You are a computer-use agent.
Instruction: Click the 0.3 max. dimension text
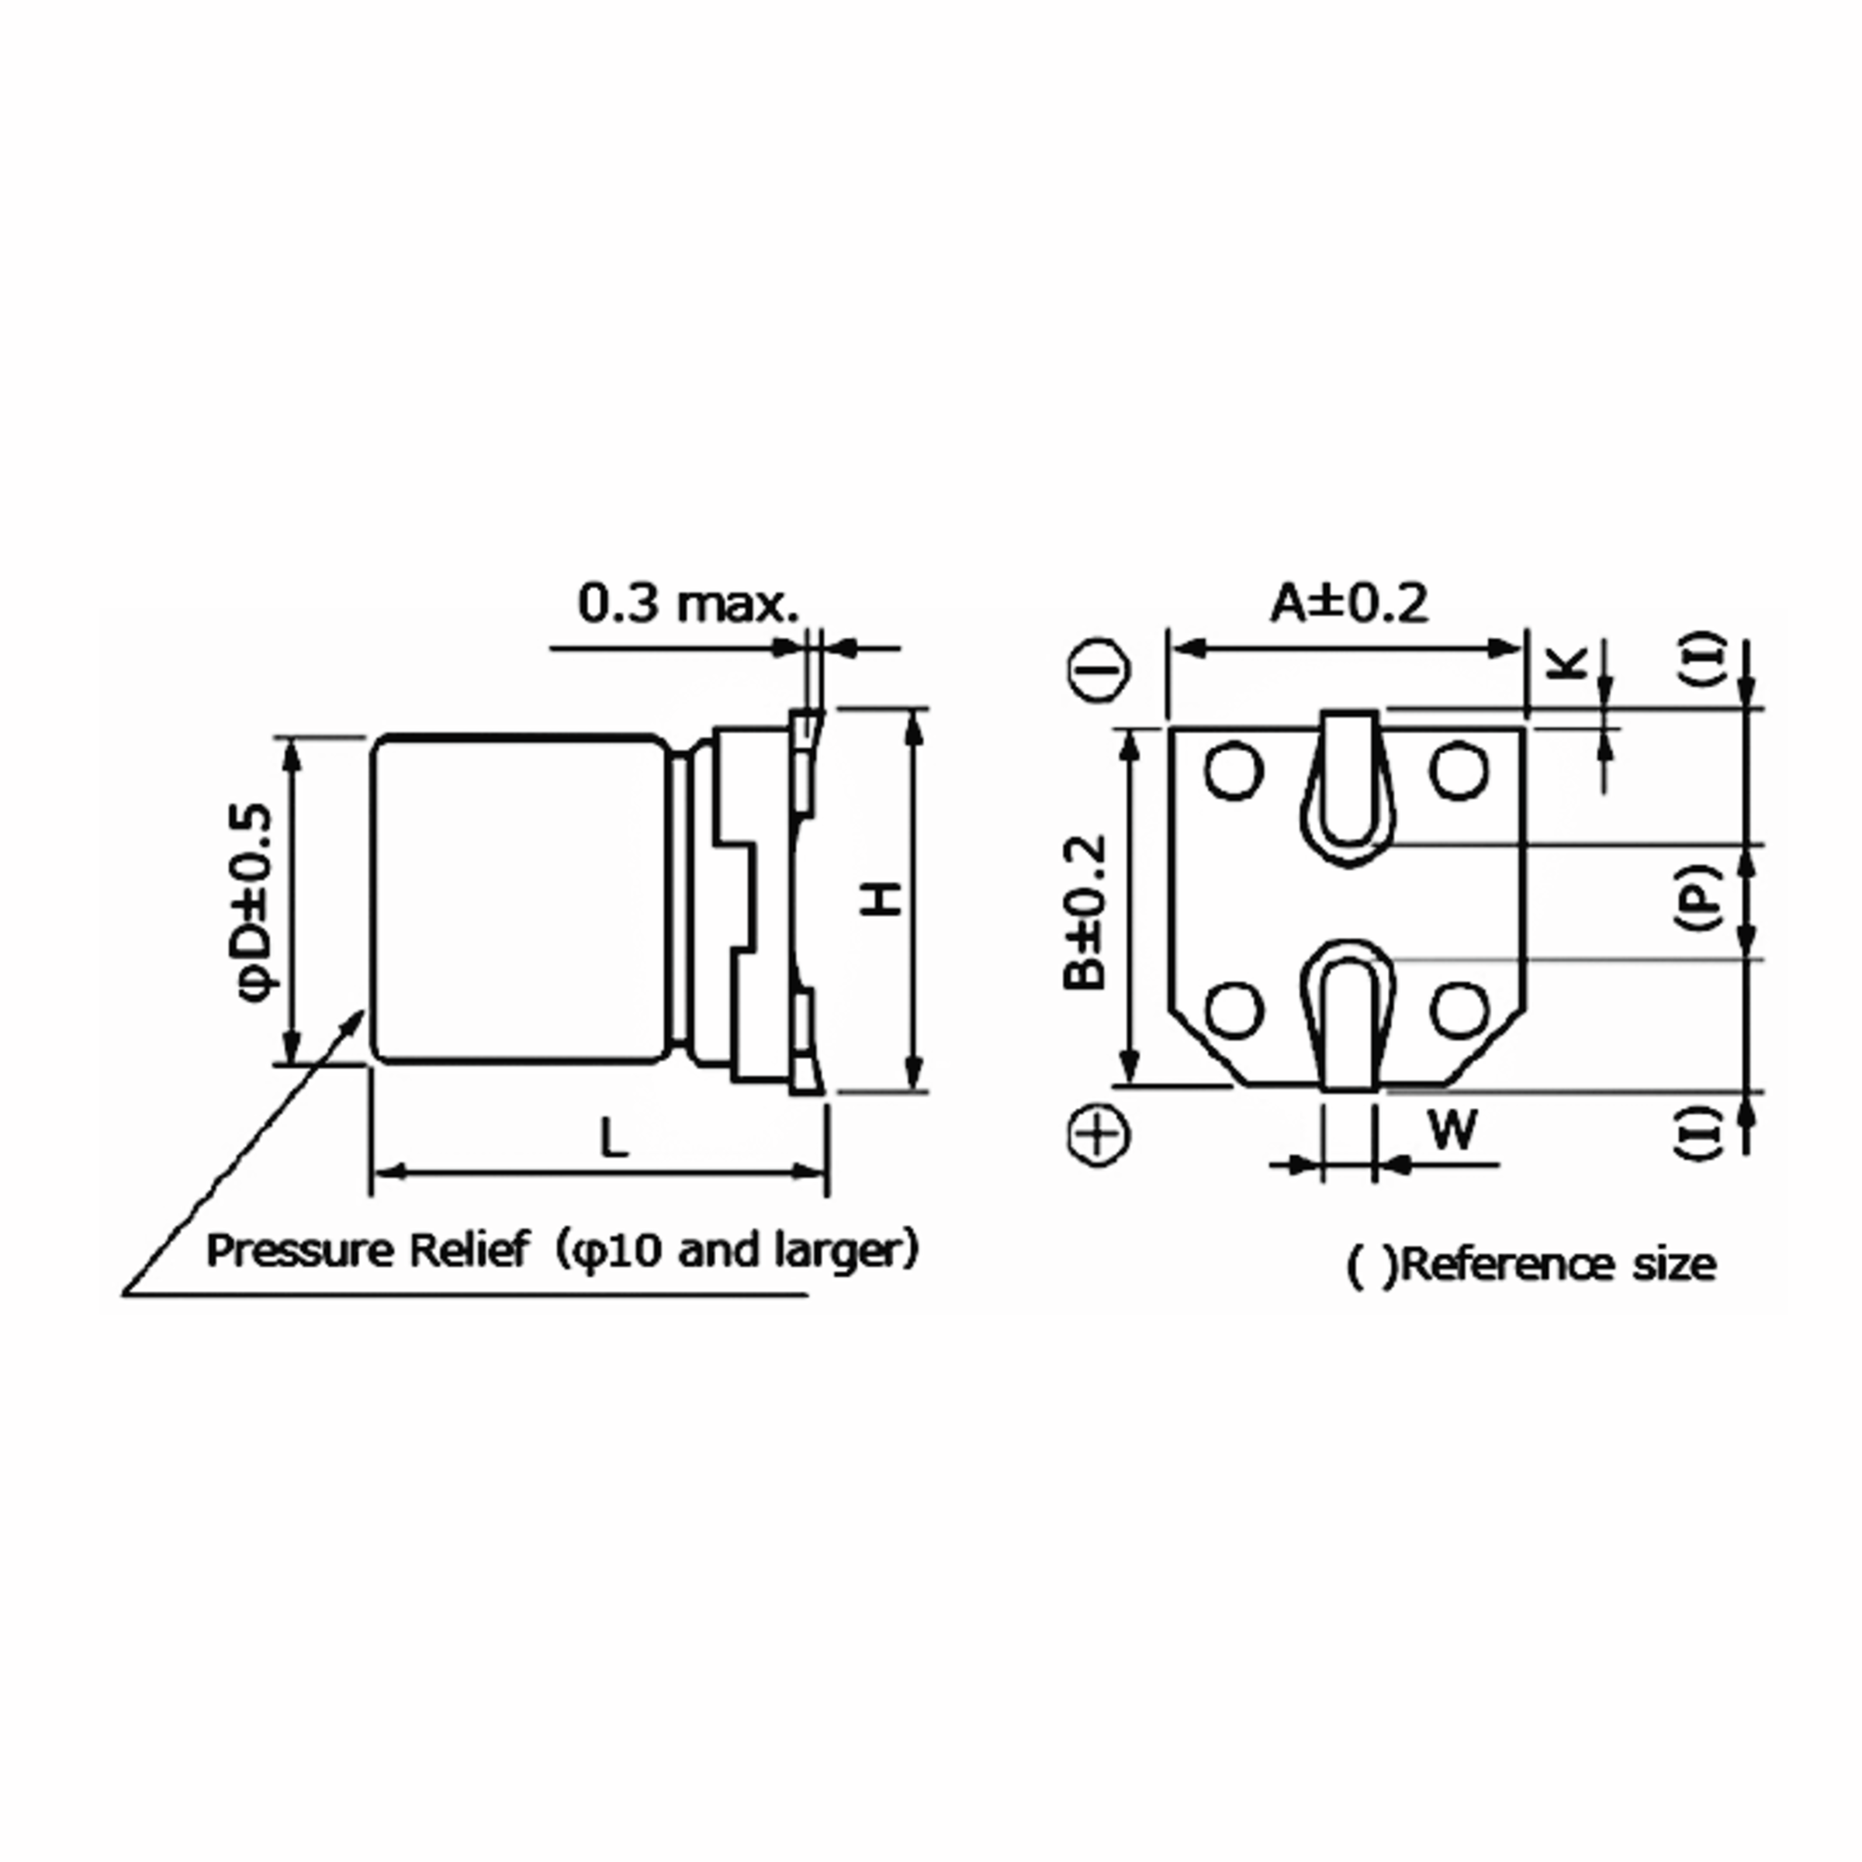click(x=688, y=604)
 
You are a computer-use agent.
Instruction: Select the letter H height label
click(x=881, y=900)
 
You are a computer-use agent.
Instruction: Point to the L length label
click(x=614, y=1138)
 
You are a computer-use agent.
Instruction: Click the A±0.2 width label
click(x=1348, y=604)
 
